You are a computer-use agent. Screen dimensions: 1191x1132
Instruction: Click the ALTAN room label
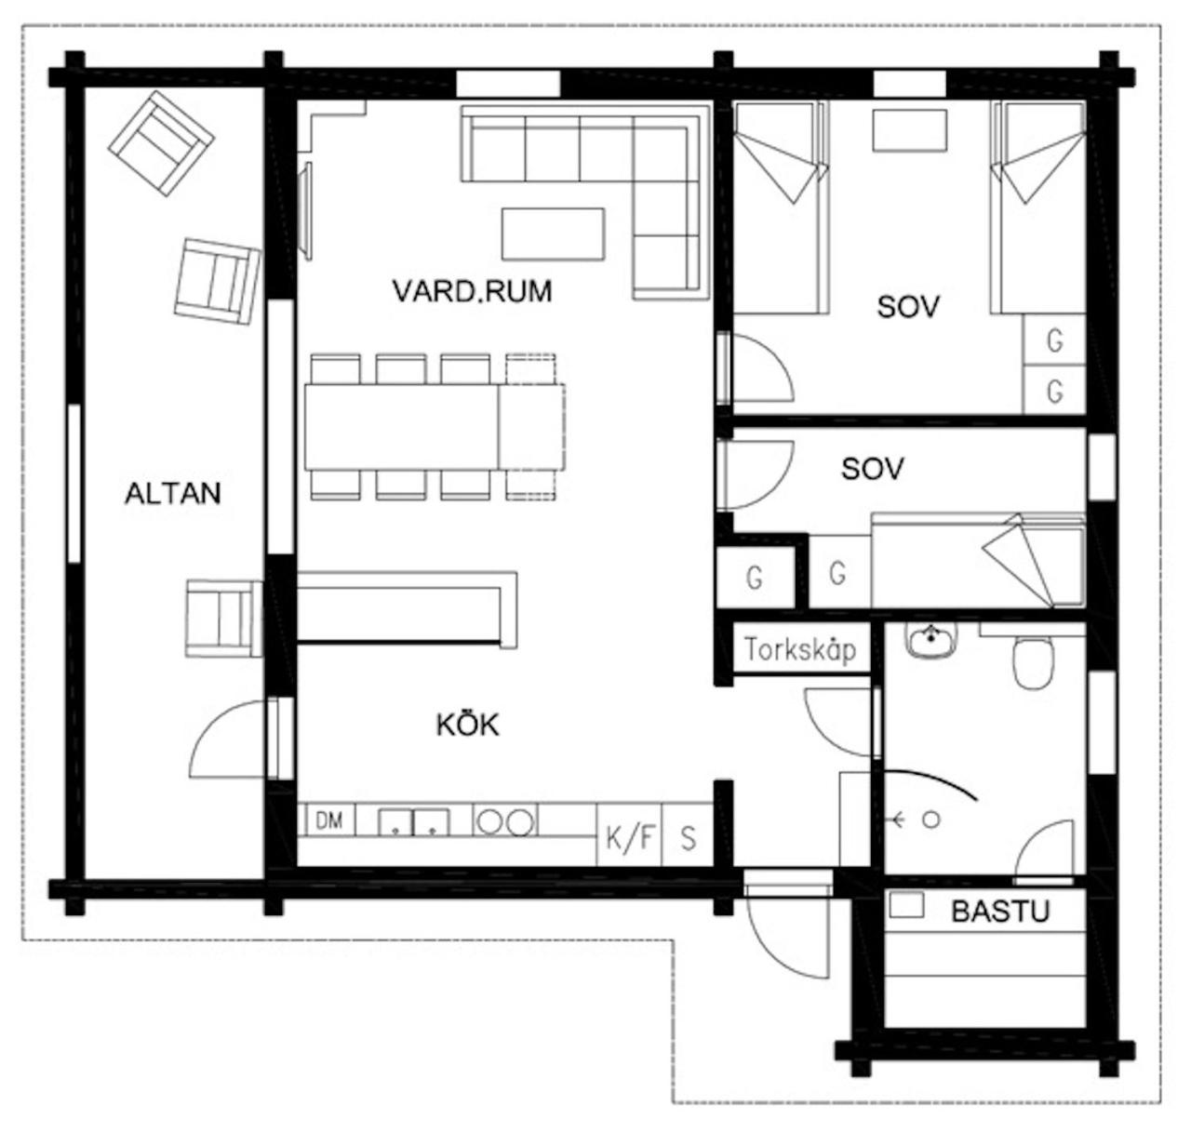173,493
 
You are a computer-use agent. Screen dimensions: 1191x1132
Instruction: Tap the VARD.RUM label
472,291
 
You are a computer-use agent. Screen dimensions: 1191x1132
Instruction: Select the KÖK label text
468,725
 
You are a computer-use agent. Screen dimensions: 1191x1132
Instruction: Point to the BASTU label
1000,911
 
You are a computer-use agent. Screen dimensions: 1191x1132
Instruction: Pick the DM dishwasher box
330,820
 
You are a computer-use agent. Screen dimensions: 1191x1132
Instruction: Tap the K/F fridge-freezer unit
629,834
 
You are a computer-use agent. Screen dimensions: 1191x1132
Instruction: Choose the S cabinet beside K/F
688,834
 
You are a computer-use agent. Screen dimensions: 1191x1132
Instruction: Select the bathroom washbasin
931,640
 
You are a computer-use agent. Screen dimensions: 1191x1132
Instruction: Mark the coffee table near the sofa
553,233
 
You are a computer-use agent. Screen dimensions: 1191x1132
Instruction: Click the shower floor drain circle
931,820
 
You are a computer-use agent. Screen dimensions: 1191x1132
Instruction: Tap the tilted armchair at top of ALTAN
161,143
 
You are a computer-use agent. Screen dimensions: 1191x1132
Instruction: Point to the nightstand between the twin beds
909,130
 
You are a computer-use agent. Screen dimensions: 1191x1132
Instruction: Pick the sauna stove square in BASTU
906,905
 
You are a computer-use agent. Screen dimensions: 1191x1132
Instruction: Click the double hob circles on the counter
504,822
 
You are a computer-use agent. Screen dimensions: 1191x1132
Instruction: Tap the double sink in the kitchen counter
414,822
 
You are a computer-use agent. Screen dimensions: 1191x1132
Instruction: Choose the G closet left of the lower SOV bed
839,572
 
